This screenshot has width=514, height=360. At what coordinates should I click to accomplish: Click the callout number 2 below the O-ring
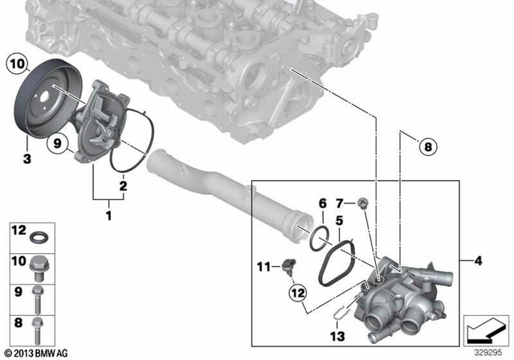coord(122,186)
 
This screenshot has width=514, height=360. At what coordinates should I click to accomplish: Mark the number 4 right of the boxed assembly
coord(476,261)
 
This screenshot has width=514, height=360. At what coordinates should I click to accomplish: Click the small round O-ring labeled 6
coord(319,235)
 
